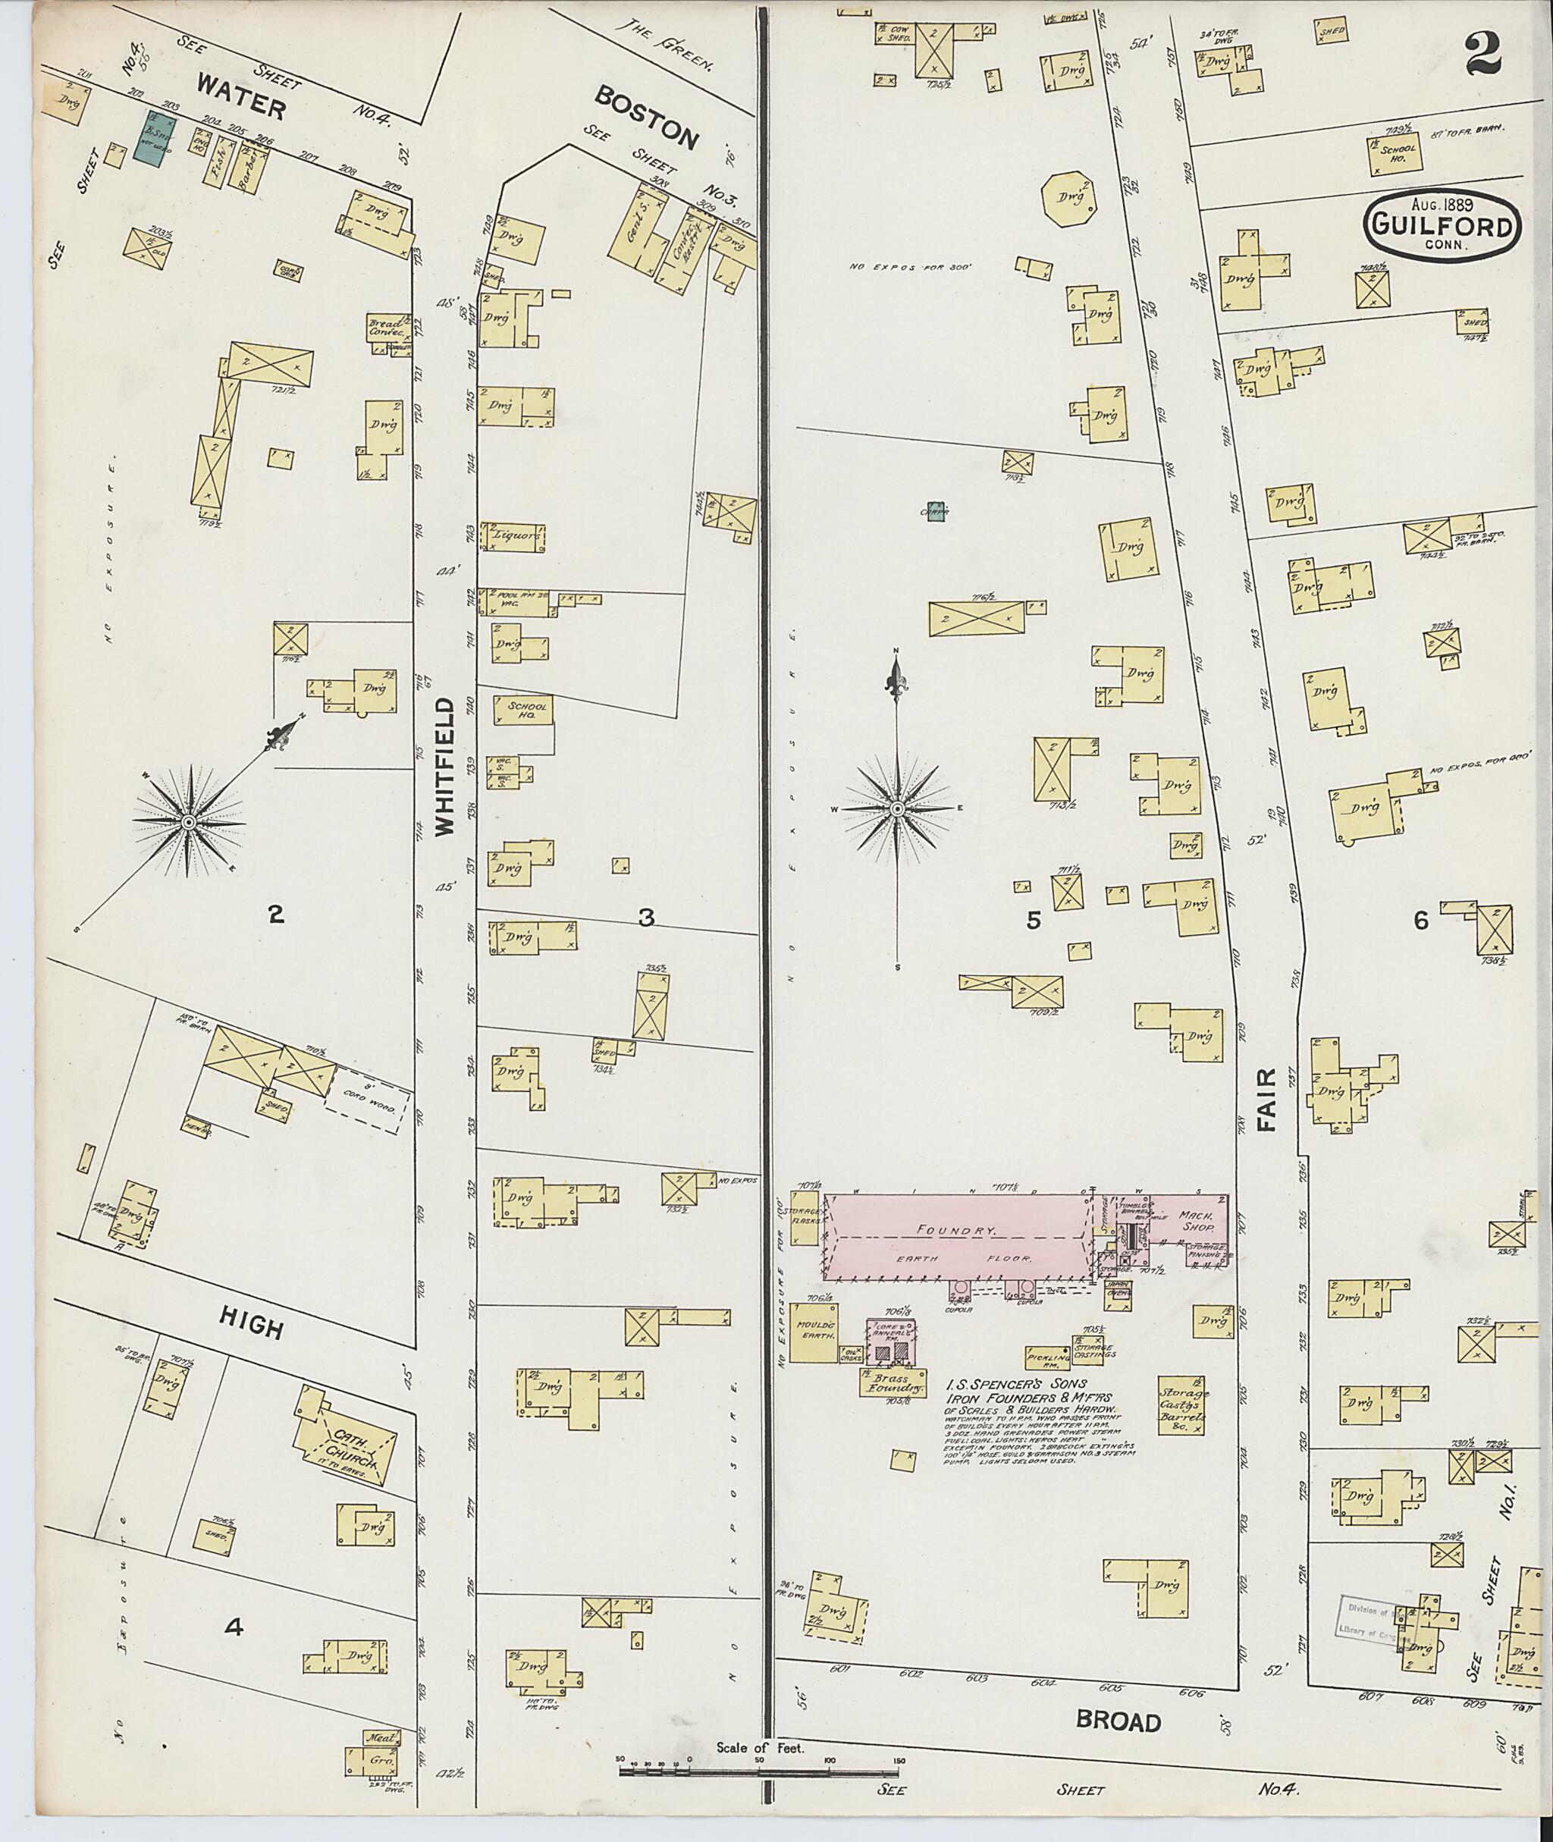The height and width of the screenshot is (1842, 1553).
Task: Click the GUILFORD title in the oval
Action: tap(1442, 228)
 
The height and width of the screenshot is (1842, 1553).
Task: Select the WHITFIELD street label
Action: tap(444, 766)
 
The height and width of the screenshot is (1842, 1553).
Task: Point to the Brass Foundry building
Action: tap(893, 1383)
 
